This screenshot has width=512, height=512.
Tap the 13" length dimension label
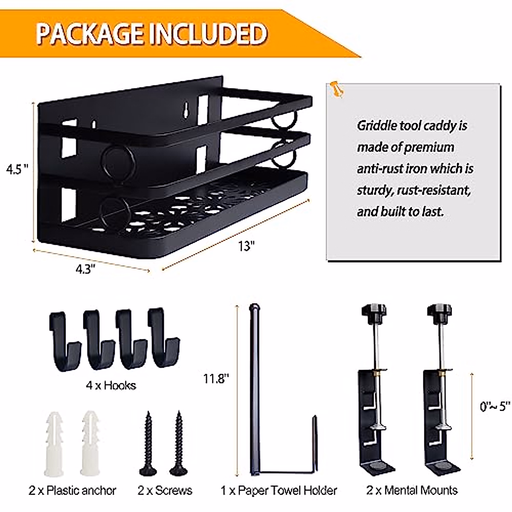(247, 246)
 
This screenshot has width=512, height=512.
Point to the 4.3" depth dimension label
(84, 270)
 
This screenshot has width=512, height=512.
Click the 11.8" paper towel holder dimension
(216, 378)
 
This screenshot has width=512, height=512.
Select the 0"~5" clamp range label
(495, 406)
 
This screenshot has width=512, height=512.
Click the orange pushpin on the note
(337, 89)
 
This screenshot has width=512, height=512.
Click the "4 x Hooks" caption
(111, 386)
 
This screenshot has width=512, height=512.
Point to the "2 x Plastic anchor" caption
(73, 491)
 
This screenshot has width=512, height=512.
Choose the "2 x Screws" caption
(165, 491)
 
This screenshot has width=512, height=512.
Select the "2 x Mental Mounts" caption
(412, 491)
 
